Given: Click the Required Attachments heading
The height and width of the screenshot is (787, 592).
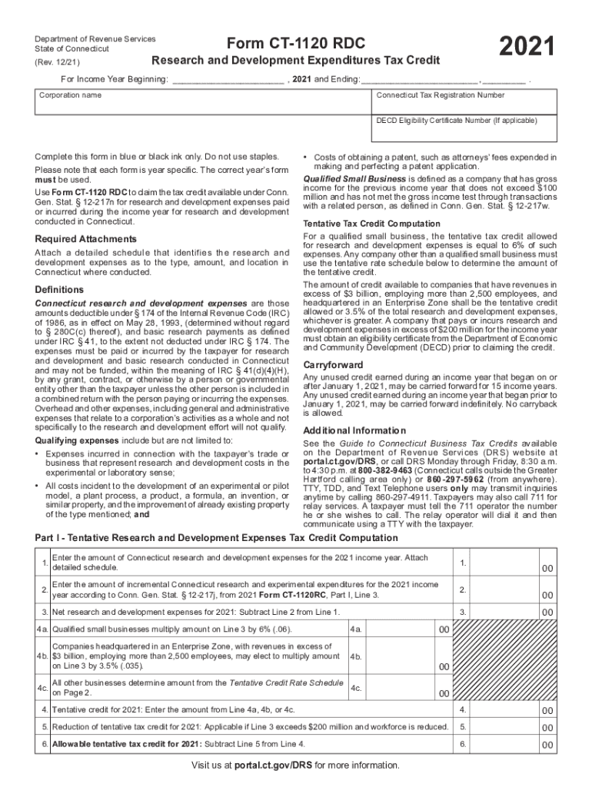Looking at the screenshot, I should tap(85, 239).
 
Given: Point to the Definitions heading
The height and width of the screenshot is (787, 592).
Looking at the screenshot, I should tap(59, 290).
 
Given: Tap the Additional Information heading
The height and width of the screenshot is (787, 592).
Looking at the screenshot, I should tap(354, 430).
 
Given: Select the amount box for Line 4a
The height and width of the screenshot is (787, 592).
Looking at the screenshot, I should tap(407, 629).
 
